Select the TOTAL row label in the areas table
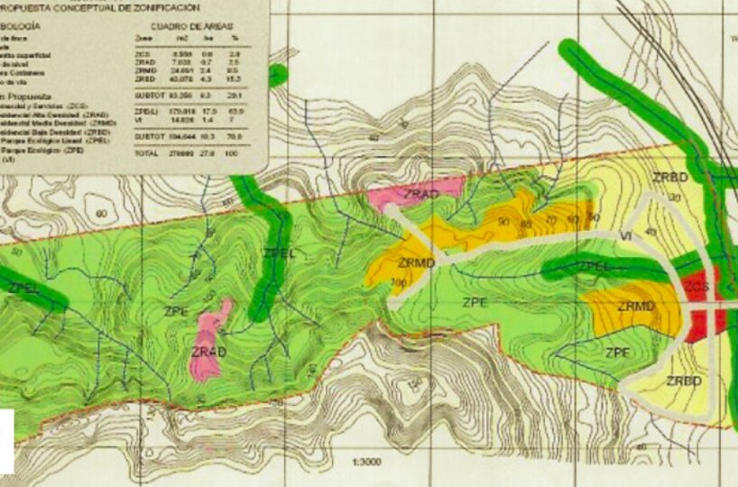[144, 154]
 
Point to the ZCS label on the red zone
[696, 287]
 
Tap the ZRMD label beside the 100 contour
[417, 262]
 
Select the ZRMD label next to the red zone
[636, 306]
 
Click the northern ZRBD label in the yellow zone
[670, 176]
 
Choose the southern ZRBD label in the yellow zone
[684, 381]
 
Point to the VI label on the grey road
[624, 235]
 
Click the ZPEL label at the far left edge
[23, 288]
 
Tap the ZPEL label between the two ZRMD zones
[595, 266]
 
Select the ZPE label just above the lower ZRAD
[177, 311]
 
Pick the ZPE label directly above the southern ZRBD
[617, 352]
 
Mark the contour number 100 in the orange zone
[397, 282]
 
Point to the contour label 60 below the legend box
[99, 213]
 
